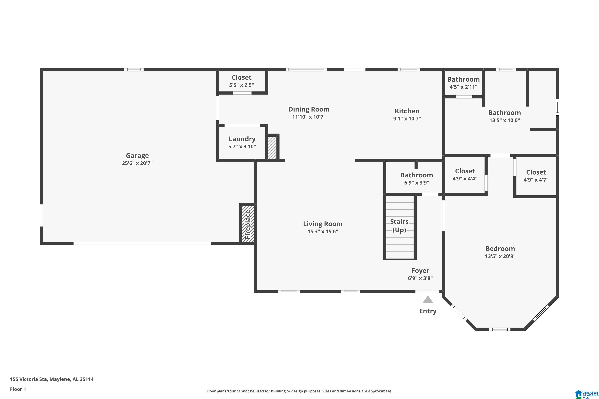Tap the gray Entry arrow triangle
(x=428, y=300)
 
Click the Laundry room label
(x=242, y=139)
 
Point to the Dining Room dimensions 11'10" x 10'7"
(x=309, y=117)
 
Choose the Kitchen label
(x=407, y=111)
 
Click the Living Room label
(x=323, y=224)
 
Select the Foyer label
(x=420, y=271)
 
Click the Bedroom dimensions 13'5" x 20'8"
(x=500, y=256)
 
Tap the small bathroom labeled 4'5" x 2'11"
(x=463, y=83)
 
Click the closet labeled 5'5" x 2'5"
(x=241, y=81)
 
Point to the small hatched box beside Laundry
(x=272, y=148)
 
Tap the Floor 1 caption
(x=18, y=389)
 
